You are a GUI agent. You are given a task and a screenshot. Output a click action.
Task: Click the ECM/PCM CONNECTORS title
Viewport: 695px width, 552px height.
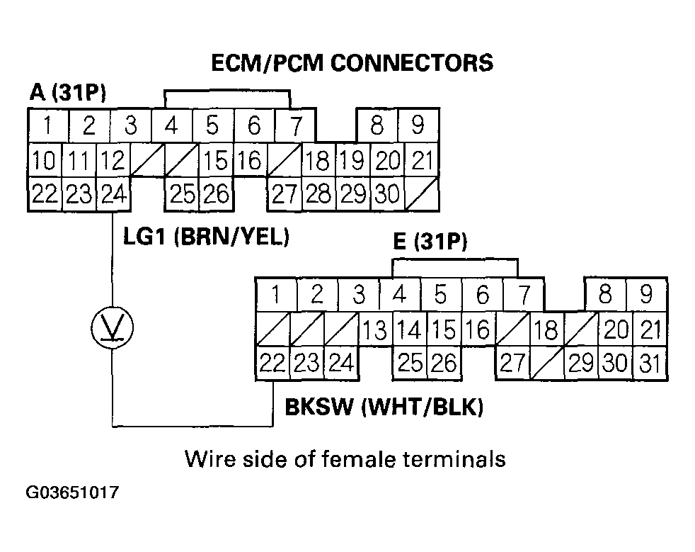(x=352, y=62)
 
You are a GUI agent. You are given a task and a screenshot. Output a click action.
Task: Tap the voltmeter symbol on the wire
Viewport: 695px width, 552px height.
(x=113, y=327)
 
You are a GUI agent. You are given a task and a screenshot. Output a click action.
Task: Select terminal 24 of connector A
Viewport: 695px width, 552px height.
(x=113, y=194)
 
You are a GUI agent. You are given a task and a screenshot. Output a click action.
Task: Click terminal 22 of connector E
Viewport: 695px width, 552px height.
(x=272, y=363)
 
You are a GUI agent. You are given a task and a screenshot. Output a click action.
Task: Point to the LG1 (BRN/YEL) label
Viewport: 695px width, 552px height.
(x=206, y=237)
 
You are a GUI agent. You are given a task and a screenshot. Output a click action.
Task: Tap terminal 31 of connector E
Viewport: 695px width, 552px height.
(x=649, y=363)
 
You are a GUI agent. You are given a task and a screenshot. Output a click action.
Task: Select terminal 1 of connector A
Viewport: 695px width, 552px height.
(x=47, y=126)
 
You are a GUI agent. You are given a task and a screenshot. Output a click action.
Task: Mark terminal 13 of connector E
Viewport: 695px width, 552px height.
(x=376, y=329)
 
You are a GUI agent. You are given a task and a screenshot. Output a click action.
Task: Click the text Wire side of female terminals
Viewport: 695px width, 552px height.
(x=345, y=458)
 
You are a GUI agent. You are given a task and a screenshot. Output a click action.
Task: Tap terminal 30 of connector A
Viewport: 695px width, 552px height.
(x=385, y=194)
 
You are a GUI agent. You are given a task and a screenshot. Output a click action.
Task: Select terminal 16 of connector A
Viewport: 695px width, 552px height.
(x=249, y=161)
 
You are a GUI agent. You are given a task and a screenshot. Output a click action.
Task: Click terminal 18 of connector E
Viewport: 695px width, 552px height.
(x=546, y=329)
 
